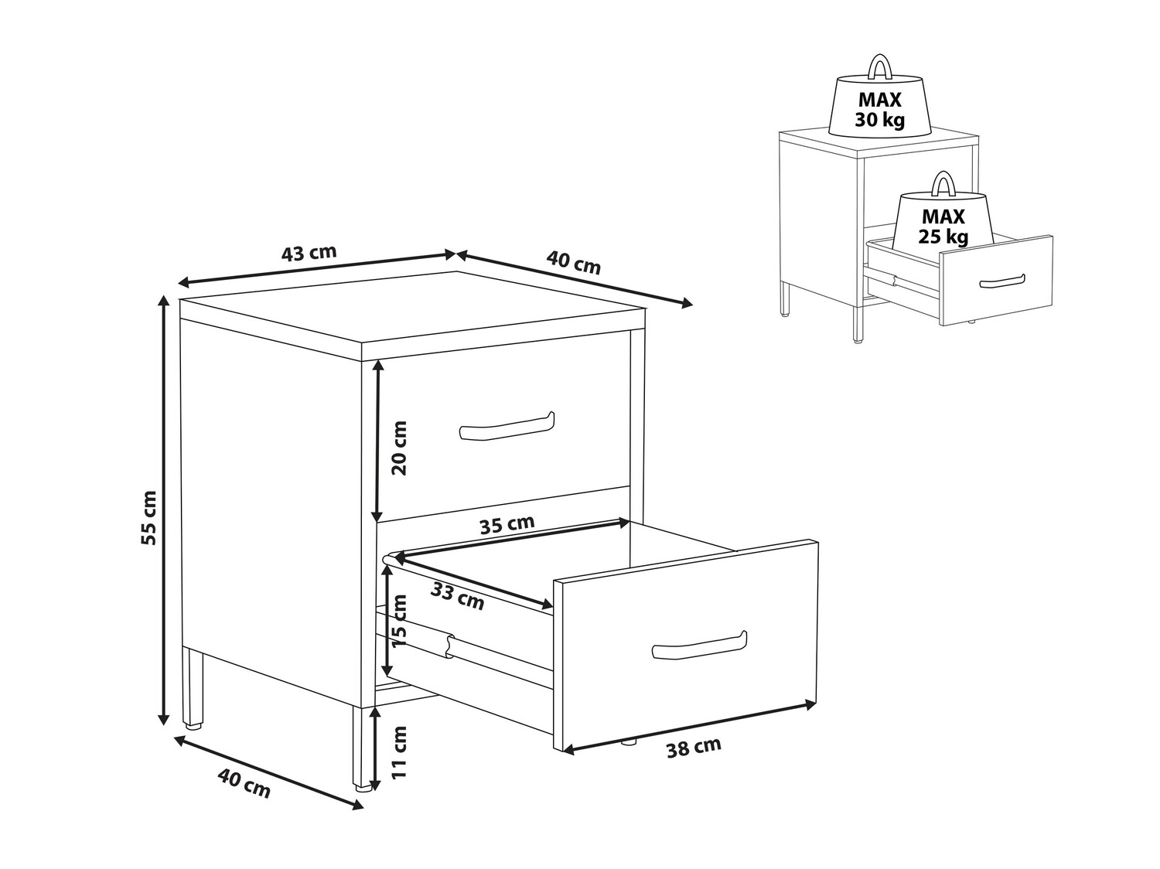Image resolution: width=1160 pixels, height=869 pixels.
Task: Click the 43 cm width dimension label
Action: [x=309, y=253]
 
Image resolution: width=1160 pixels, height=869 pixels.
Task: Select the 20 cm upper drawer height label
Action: [x=401, y=448]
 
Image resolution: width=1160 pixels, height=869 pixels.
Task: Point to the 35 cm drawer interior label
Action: [x=507, y=524]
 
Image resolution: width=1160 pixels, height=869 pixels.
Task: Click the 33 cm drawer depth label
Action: [x=457, y=596]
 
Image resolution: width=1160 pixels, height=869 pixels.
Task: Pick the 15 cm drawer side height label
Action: [x=399, y=622]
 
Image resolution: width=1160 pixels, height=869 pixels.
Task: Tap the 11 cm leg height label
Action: [x=399, y=752]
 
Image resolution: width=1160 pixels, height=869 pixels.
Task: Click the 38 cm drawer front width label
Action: [x=694, y=748]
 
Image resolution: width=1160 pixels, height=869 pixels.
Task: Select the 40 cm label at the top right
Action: [x=573, y=263]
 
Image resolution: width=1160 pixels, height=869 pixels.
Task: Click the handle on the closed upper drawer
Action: [x=507, y=426]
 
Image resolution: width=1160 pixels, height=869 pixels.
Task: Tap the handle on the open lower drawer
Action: [x=699, y=646]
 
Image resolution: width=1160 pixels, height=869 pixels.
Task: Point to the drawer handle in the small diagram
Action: [x=1002, y=281]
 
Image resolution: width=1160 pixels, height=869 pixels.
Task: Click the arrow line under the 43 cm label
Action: [x=316, y=269]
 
